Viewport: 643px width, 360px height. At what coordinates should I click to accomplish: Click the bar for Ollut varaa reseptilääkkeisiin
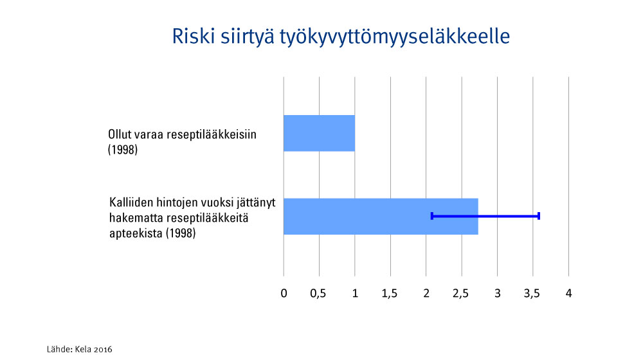point(319,133)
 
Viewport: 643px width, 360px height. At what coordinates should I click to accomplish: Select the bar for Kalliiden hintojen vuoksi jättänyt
point(381,217)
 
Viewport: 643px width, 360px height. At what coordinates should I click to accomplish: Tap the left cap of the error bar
point(432,216)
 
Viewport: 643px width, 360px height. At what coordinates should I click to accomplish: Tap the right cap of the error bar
point(539,216)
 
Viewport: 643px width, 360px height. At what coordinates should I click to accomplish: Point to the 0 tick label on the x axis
point(284,294)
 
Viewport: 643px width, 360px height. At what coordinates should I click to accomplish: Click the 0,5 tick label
point(318,294)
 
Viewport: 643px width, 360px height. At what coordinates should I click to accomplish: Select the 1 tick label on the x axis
point(355,294)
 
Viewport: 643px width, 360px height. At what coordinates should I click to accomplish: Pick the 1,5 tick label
point(390,294)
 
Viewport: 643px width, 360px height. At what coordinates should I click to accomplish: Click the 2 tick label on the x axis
point(426,294)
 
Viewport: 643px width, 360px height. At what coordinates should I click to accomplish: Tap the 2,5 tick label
point(461,294)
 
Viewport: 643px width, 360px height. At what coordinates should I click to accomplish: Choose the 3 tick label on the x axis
point(498,294)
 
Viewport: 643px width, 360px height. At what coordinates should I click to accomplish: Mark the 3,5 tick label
point(532,294)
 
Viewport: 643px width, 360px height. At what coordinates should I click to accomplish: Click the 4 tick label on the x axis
point(569,294)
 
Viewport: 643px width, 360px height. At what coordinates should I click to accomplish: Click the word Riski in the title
point(194,36)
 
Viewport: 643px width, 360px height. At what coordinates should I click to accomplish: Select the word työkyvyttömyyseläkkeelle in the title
point(395,37)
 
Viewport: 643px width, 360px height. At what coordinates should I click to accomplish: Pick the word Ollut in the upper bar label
point(120,134)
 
